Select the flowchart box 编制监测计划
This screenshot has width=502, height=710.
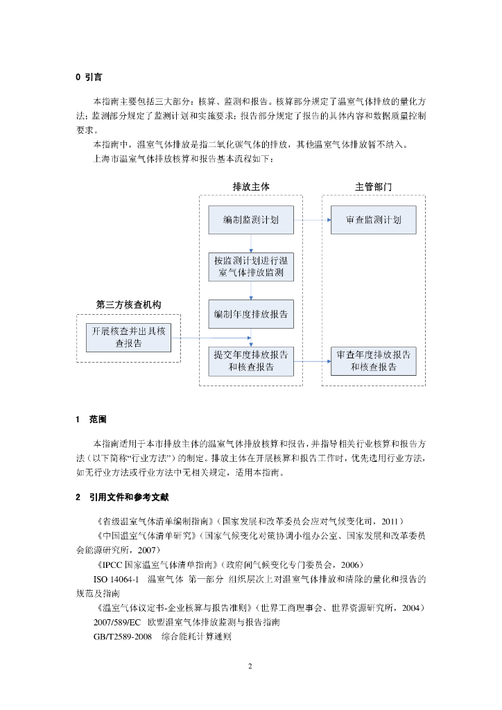tap(251, 220)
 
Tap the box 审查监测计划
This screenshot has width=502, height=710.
tap(374, 220)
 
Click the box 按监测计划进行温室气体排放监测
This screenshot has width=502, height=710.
tap(251, 267)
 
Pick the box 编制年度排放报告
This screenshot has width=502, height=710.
tap(251, 314)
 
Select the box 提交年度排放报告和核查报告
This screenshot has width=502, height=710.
tap(251, 361)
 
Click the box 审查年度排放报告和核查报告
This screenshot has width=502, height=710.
tap(374, 361)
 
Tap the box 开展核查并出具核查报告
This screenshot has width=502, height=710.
tap(128, 337)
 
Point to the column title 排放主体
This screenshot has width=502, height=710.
tap(250, 187)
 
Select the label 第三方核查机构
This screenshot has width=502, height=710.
tap(128, 304)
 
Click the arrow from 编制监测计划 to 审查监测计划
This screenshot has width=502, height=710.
tap(312, 220)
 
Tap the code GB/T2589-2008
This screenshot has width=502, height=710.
tap(122, 636)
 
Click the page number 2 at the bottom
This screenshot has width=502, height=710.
tap(250, 666)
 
